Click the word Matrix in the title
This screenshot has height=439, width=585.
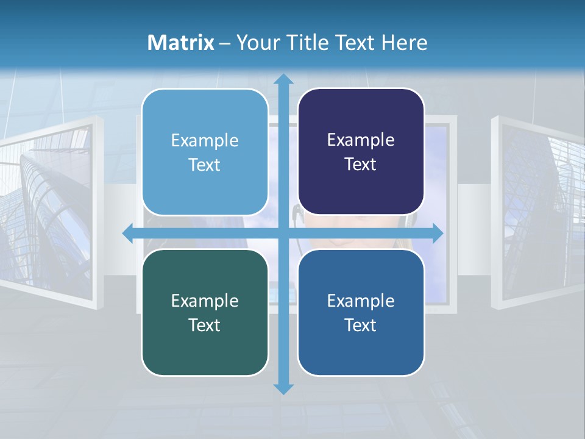(x=181, y=42)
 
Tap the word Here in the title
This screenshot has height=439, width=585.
(x=405, y=42)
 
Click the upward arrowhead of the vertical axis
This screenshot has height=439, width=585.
(x=283, y=79)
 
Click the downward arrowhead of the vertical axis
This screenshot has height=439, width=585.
(x=283, y=388)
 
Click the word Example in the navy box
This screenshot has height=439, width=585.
(x=361, y=140)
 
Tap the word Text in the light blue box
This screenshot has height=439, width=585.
(x=205, y=165)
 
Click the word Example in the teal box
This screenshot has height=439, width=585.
(x=205, y=301)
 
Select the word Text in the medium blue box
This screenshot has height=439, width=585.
(x=361, y=325)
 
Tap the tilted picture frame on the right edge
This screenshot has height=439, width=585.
(x=536, y=210)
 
